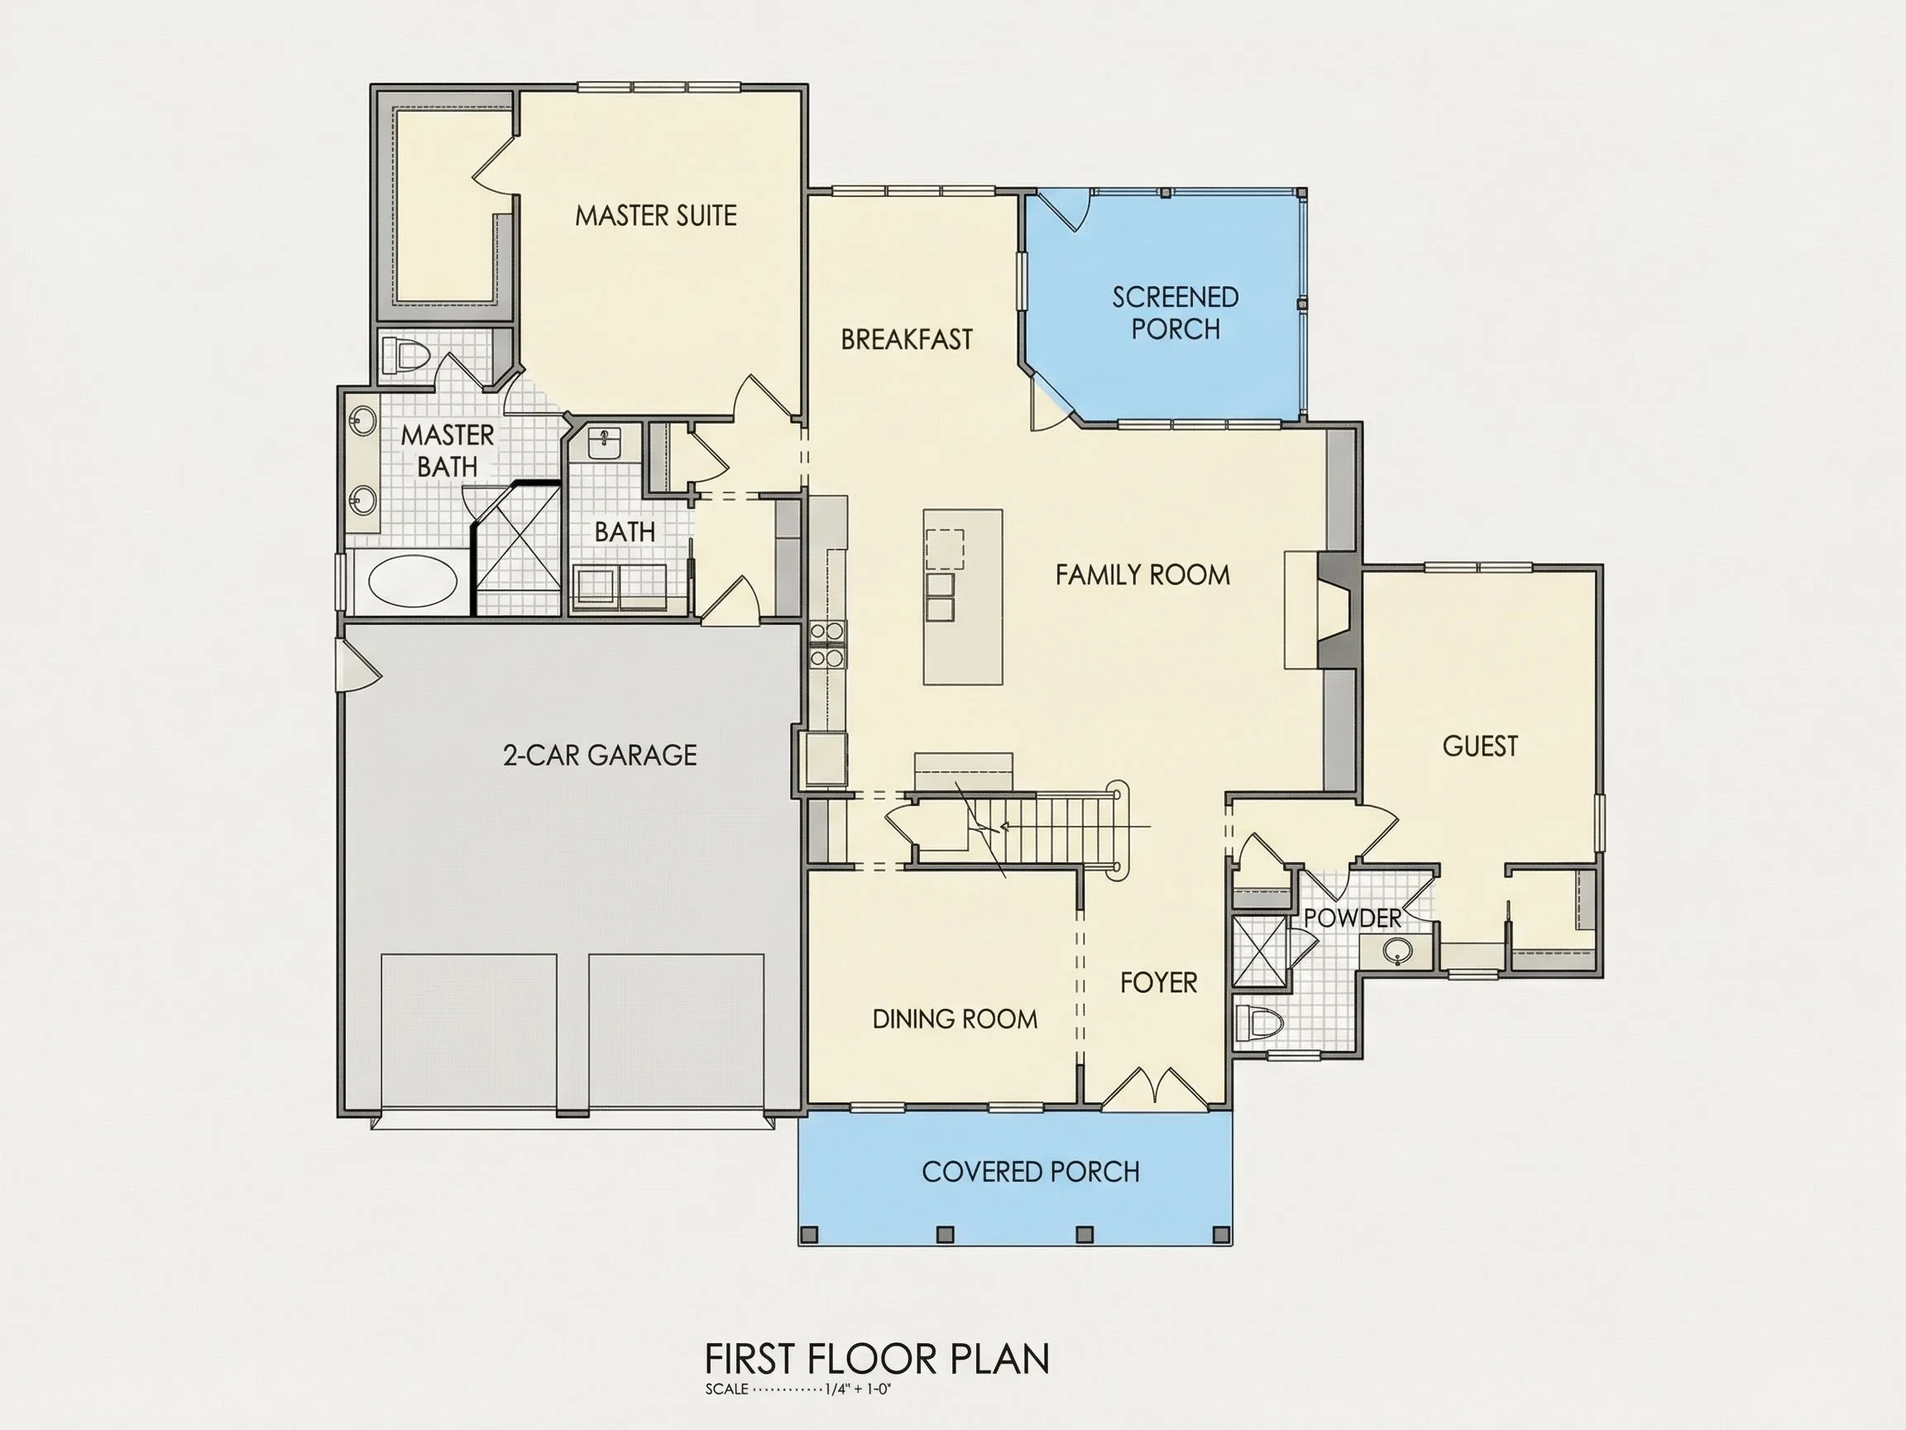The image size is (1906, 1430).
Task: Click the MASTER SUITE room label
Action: [x=656, y=215]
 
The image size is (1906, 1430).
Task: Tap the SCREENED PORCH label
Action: [x=1176, y=313]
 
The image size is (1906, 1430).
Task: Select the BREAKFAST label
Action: [x=907, y=339]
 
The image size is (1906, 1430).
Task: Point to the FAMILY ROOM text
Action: [x=1142, y=575]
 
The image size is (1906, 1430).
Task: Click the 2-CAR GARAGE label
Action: [x=600, y=755]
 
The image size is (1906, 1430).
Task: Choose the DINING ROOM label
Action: [x=955, y=1019]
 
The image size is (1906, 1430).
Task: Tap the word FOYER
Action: [x=1158, y=982]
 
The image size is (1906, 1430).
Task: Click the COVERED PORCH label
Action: [x=1031, y=1172]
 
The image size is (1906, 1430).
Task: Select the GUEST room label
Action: [x=1480, y=746]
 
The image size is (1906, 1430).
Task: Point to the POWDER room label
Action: [x=1352, y=918]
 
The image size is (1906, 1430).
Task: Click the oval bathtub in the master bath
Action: [x=413, y=582]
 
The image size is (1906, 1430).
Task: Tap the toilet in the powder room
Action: [x=1259, y=1024]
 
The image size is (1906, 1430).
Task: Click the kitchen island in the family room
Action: [x=962, y=597]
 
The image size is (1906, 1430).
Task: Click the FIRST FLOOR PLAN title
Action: [x=877, y=1360]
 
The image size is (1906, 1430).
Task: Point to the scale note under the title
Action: [x=797, y=1389]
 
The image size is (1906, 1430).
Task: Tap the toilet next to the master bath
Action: [x=406, y=355]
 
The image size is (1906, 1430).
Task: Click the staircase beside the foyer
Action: [x=1017, y=828]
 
